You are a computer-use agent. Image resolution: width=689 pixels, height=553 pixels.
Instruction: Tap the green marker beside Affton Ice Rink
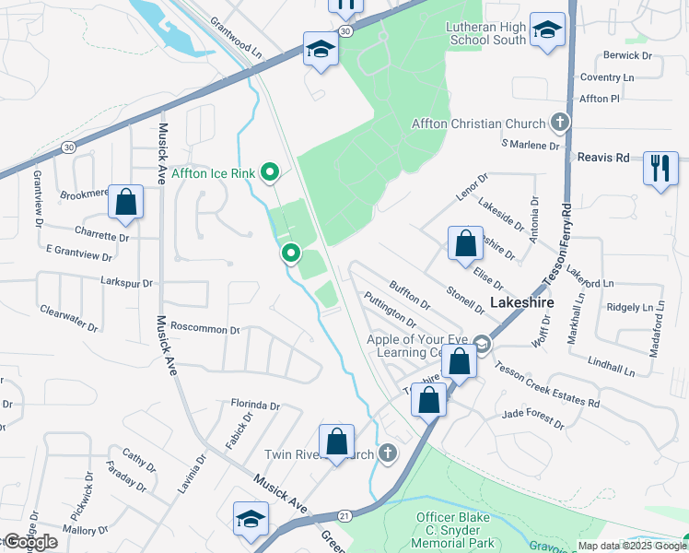coord(270,171)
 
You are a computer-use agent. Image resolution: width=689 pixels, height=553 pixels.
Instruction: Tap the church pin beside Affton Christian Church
coord(558,123)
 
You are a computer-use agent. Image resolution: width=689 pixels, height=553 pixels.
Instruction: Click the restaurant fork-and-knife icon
coord(660,168)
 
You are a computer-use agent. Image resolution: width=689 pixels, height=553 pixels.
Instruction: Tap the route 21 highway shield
coord(344,516)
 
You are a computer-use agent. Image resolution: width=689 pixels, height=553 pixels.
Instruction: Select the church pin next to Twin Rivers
coord(388,453)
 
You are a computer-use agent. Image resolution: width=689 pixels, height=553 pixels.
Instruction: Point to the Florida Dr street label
coord(255,405)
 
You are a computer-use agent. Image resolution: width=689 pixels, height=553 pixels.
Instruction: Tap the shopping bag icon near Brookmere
coord(125,202)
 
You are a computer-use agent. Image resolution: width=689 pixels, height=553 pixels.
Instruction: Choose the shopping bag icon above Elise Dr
coord(466,244)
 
